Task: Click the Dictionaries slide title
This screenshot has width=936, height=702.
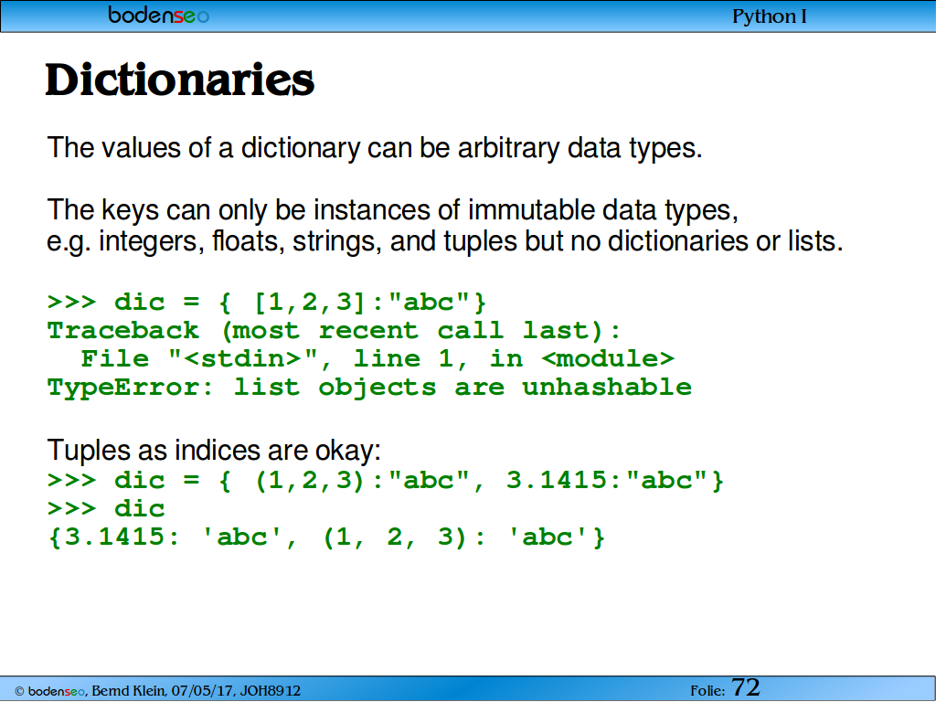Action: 180,80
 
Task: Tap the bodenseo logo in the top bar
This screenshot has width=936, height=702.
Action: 159,15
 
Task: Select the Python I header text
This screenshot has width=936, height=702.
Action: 770,16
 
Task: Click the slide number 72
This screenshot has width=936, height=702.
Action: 746,687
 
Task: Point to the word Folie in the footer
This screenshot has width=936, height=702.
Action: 707,691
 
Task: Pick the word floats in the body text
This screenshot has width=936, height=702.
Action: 248,241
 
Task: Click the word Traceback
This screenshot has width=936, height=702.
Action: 123,330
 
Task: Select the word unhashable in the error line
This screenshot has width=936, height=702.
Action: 607,387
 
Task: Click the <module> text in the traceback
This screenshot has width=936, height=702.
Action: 608,358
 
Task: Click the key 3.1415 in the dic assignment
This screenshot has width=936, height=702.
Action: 557,480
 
